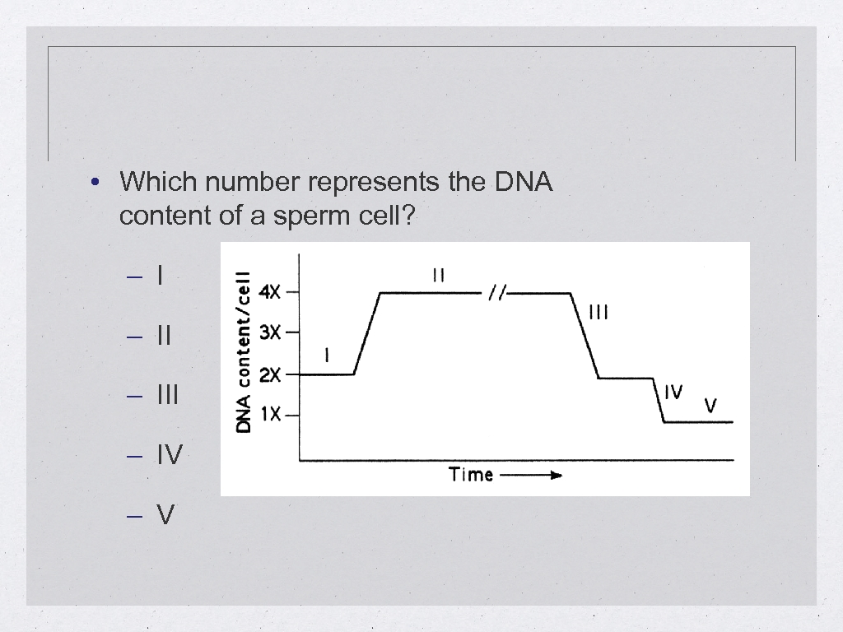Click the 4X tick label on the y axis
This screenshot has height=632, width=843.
pyautogui.click(x=270, y=292)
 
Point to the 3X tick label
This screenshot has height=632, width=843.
pyautogui.click(x=270, y=332)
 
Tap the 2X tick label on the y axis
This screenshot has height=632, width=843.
pyautogui.click(x=270, y=375)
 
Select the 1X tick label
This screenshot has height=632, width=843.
pyautogui.click(x=271, y=415)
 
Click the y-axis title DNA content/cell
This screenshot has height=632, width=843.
pyautogui.click(x=244, y=352)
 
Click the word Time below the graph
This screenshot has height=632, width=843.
pyautogui.click(x=471, y=474)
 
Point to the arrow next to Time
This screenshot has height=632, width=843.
pyautogui.click(x=531, y=475)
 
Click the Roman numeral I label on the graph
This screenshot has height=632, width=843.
pyautogui.click(x=328, y=355)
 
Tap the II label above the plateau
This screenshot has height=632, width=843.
pyautogui.click(x=439, y=276)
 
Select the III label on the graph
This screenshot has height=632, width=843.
pyautogui.click(x=598, y=312)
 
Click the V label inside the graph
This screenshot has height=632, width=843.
pyautogui.click(x=710, y=406)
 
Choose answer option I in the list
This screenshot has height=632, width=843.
pyautogui.click(x=160, y=275)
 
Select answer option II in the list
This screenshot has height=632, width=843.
pyautogui.click(x=163, y=335)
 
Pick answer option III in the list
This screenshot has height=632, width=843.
pyautogui.click(x=167, y=395)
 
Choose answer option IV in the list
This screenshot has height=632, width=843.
pyautogui.click(x=170, y=455)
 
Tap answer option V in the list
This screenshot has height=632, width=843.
pyautogui.click(x=165, y=515)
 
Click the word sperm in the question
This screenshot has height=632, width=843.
pyautogui.click(x=308, y=216)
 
